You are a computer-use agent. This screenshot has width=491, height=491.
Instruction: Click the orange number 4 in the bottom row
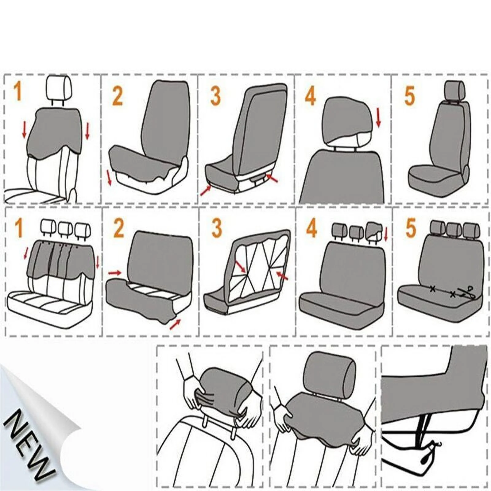[x=311, y=228]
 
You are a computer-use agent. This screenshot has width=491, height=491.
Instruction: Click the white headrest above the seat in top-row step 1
[x=59, y=88]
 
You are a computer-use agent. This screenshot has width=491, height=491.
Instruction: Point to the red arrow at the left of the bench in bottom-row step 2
[x=115, y=273]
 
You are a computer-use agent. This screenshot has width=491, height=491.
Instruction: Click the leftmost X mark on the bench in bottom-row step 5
[x=433, y=289]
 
